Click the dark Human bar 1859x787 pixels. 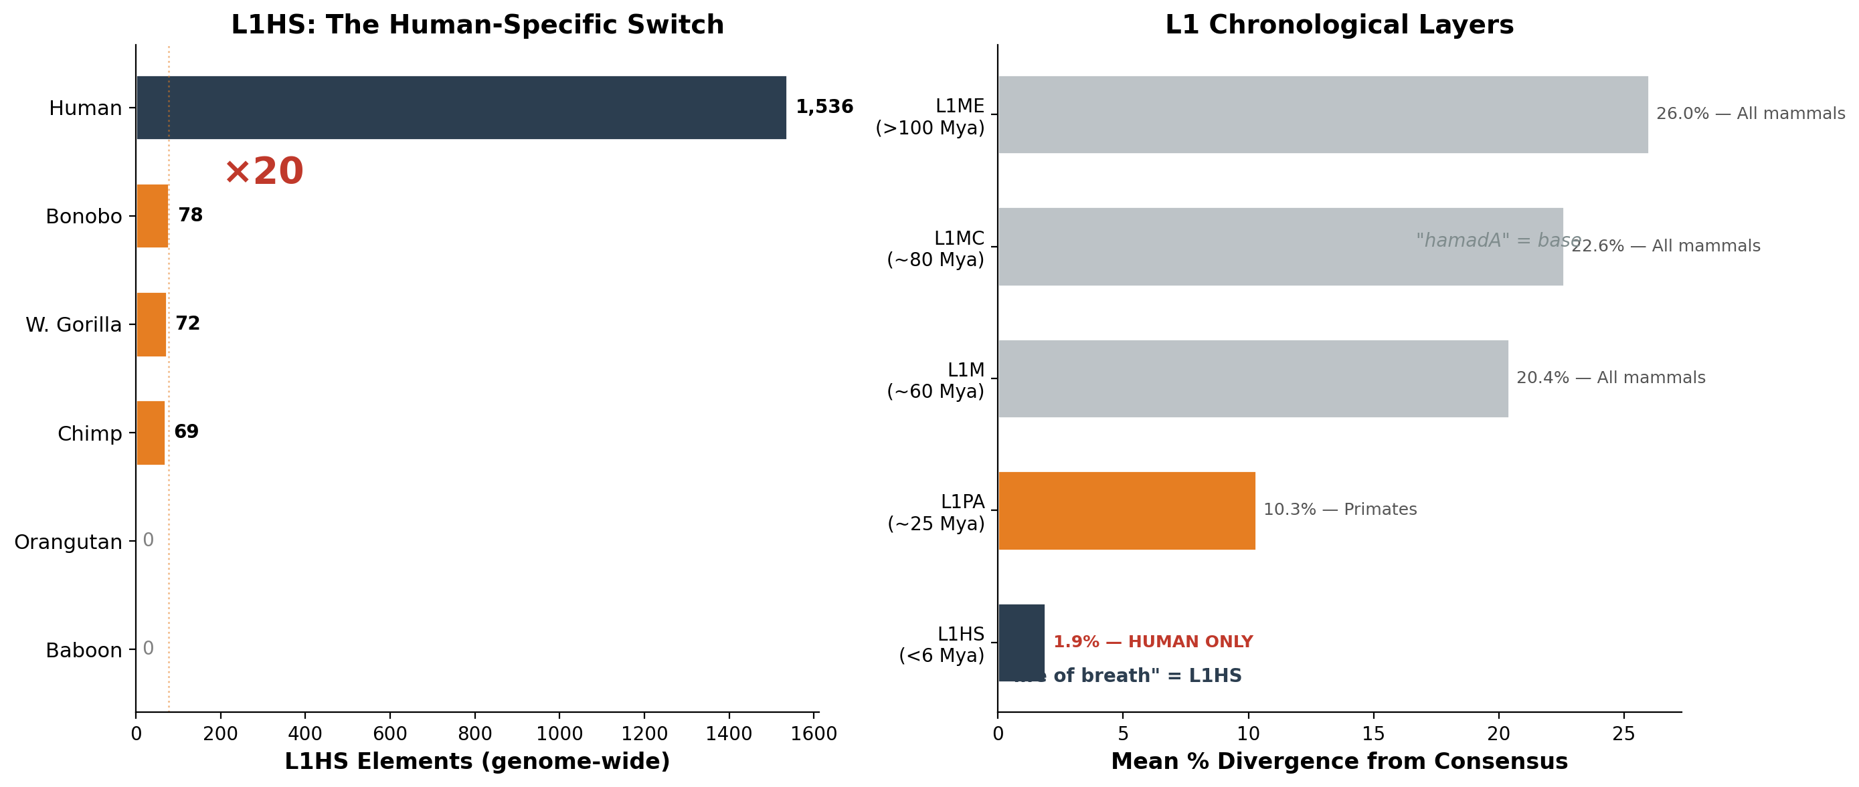coord(462,108)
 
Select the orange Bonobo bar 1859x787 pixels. coord(153,216)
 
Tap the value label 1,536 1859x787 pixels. coord(824,108)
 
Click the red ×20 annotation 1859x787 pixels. coord(264,172)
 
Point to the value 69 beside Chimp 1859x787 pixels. coord(186,432)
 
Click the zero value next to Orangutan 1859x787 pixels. coord(148,540)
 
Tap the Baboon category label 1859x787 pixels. coord(84,651)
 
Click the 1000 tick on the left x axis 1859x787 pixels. coord(559,734)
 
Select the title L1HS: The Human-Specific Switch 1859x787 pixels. coord(477,25)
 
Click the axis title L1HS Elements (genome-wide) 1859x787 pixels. coord(477,762)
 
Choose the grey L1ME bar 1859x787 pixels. coord(1322,115)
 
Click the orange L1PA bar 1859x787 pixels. coord(1126,511)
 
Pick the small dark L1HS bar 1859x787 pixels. coord(1021,642)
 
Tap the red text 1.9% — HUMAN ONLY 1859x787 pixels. coord(1152,642)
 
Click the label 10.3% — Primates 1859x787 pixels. coord(1340,510)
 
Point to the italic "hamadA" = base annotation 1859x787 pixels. coord(1498,241)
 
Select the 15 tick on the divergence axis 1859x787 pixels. coord(1373,734)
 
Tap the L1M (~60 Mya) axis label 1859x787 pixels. coord(936,381)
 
